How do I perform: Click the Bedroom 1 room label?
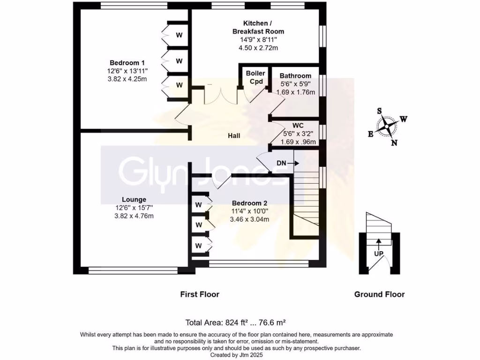coord(127,63)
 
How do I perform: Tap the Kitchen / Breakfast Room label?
coord(258,27)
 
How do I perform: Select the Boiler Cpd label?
coord(255,77)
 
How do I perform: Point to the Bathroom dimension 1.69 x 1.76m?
coord(295,92)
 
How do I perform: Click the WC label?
coord(298,126)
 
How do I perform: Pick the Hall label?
coord(234,136)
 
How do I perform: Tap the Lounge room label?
coord(134,199)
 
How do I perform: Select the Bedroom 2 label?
coord(250,203)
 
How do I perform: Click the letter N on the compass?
coord(394,143)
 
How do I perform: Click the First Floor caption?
coord(200,294)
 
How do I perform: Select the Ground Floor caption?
coord(379,294)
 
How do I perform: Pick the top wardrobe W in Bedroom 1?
coord(179,35)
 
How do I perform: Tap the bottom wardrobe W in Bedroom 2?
coord(199,246)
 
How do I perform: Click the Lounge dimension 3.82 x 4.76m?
coord(134,216)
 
